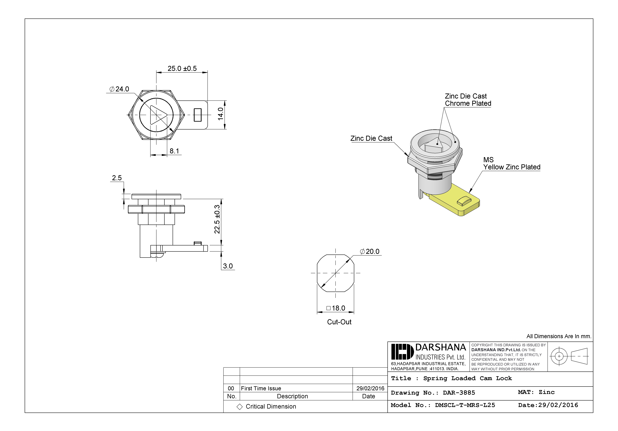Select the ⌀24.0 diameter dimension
tap(119, 89)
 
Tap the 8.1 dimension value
tap(174, 151)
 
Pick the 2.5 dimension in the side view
tap(117, 178)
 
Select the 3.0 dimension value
tap(228, 266)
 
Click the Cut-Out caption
tap(339, 322)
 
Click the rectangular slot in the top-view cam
tap(198, 115)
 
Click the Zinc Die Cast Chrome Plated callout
tap(468, 100)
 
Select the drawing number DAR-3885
tap(459, 393)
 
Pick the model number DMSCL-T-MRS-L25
tap(465, 405)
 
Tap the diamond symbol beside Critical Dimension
tap(239, 407)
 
